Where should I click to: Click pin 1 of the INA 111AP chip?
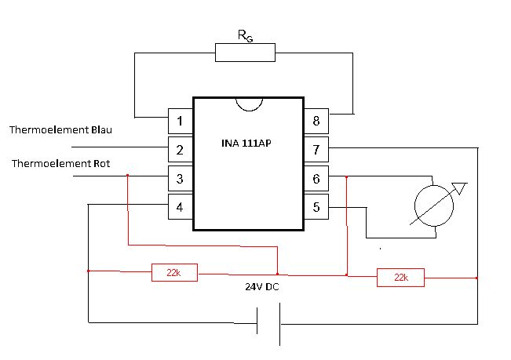click(x=181, y=121)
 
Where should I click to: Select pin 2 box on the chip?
click(x=181, y=149)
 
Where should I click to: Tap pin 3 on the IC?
click(x=181, y=178)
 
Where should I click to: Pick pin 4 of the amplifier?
click(x=181, y=207)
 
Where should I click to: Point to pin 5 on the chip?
click(x=316, y=207)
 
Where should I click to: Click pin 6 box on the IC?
click(x=316, y=178)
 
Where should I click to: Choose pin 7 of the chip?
click(x=316, y=149)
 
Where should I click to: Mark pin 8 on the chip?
click(x=316, y=121)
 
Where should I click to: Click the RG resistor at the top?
click(x=245, y=53)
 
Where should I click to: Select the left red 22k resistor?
click(x=174, y=272)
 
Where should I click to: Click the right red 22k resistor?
click(x=400, y=278)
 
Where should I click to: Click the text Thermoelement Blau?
click(x=61, y=129)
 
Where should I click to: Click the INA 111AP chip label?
click(x=249, y=144)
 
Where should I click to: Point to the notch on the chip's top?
click(x=249, y=104)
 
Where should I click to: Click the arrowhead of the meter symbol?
click(x=462, y=187)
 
